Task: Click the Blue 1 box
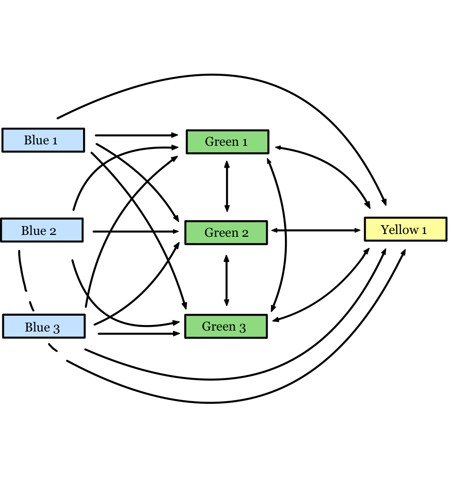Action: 43,140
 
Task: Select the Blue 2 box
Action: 42,230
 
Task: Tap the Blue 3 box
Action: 44,326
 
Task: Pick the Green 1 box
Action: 227,142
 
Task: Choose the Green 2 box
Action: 226,233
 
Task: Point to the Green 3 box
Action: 226,326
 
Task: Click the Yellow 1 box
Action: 406,229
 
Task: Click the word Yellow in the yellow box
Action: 400,230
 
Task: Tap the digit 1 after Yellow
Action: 424,230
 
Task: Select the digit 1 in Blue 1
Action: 55,141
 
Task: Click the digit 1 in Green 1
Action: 245,142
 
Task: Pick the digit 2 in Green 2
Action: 245,233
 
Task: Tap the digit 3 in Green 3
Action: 242,327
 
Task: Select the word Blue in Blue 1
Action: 36,140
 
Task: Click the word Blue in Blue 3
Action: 37,327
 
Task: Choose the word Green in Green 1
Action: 221,142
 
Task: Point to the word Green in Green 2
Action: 221,233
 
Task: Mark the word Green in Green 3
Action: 219,326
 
